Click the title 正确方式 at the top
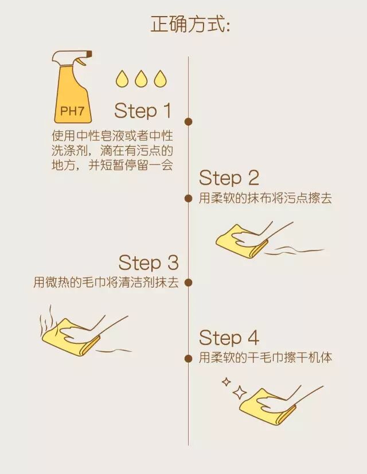click(x=190, y=24)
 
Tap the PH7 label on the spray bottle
click(x=72, y=111)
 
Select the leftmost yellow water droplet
click(x=122, y=79)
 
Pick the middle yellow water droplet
click(x=141, y=79)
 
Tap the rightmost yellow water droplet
click(x=160, y=79)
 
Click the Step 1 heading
click(x=143, y=111)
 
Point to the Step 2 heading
click(x=229, y=178)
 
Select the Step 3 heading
click(x=149, y=262)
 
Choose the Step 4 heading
click(x=229, y=338)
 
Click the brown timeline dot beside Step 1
click(x=189, y=122)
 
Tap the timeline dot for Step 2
click(x=189, y=198)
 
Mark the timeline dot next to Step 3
click(x=189, y=283)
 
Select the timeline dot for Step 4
click(x=189, y=359)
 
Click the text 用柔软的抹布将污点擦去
click(x=266, y=198)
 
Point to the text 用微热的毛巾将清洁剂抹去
click(x=106, y=283)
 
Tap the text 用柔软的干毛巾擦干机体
click(x=266, y=358)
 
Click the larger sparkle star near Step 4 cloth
click(x=240, y=393)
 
